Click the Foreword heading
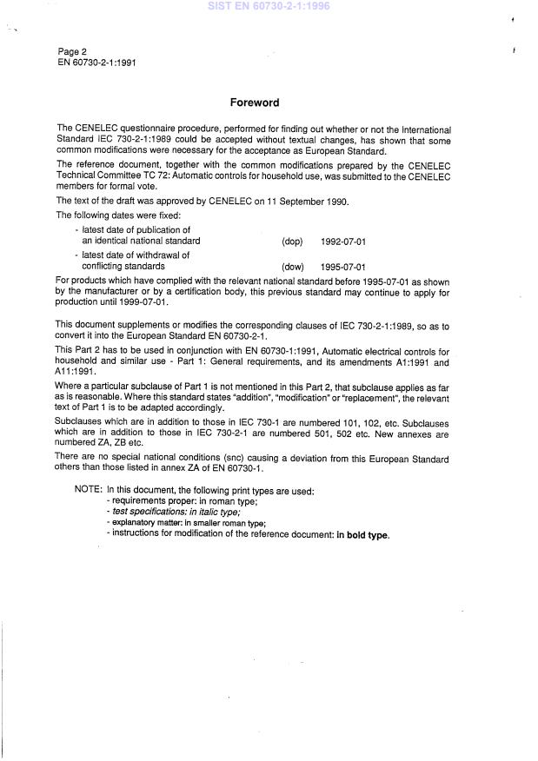point(254,103)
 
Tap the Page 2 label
point(73,51)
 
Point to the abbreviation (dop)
point(292,241)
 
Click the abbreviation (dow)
point(292,267)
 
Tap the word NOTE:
point(89,491)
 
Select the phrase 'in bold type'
point(364,534)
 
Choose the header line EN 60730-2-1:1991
point(96,63)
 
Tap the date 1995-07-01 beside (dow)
point(342,267)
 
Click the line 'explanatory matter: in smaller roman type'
point(186,523)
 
